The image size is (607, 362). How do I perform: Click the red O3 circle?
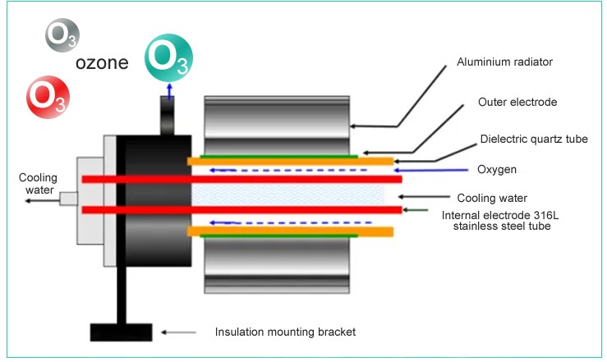pos(48,95)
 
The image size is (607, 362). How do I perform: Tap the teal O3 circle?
pos(168,57)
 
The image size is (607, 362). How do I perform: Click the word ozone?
pos(102,64)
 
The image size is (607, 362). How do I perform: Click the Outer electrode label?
pos(517,103)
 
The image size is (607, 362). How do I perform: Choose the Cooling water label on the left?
pos(38,184)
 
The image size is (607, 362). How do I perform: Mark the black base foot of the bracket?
pos(120,332)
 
